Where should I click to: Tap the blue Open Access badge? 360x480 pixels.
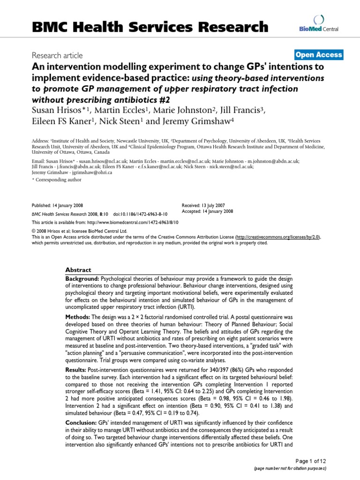coord(319,55)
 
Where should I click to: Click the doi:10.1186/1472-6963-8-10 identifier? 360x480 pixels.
coord(141,214)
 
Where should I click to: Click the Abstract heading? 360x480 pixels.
coord(79,270)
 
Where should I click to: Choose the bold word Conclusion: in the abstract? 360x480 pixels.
coord(82,423)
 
